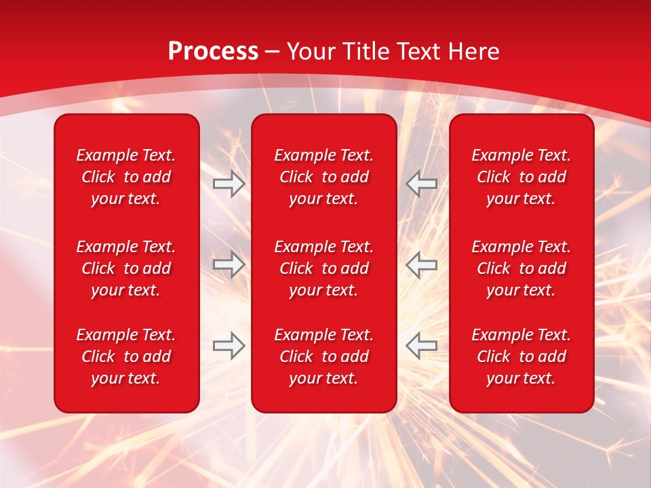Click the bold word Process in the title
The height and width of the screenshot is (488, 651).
213,52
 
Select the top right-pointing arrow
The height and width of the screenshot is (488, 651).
229,184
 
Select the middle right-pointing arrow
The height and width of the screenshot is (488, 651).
229,264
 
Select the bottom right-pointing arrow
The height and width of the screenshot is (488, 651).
229,345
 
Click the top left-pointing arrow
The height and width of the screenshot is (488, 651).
422,184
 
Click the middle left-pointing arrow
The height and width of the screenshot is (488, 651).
422,264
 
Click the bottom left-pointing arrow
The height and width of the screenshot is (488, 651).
422,345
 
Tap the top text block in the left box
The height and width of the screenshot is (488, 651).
126,177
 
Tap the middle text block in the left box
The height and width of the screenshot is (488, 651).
126,268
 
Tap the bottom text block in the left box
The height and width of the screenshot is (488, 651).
126,357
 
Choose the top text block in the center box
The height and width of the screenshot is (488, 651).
324,177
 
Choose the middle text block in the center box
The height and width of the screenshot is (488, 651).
324,268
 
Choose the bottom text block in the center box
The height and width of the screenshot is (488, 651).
324,357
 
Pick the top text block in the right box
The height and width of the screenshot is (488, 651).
521,177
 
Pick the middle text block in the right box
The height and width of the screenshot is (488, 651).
521,268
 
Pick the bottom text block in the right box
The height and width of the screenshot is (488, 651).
521,357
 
